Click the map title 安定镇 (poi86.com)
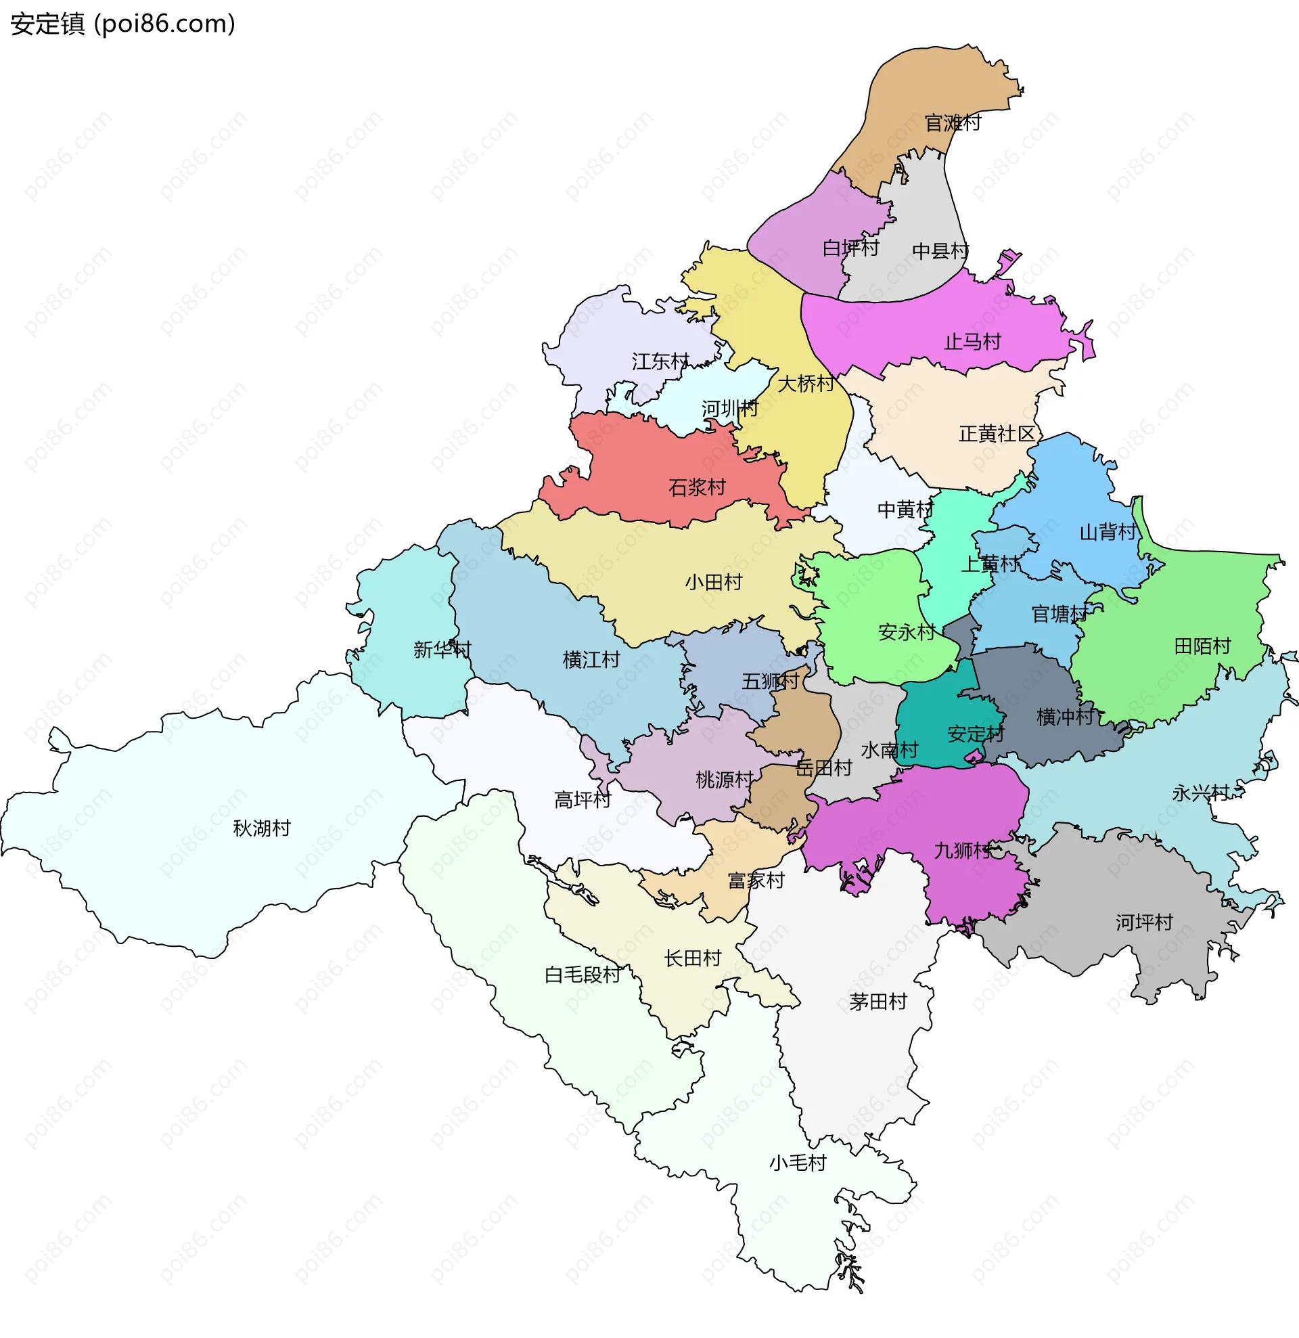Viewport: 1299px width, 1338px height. (x=123, y=24)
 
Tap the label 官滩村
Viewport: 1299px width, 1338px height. (x=952, y=123)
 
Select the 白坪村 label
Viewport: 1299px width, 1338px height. (x=850, y=248)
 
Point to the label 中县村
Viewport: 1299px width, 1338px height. (x=940, y=251)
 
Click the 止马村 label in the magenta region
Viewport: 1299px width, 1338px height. (x=972, y=341)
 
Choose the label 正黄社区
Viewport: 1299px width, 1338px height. (x=997, y=434)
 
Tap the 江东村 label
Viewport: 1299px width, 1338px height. (x=660, y=361)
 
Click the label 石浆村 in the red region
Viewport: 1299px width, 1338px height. (x=696, y=487)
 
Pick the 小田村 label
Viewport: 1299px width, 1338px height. (x=713, y=582)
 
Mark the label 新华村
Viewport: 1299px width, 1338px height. (x=442, y=649)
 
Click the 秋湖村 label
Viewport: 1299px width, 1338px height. (x=261, y=828)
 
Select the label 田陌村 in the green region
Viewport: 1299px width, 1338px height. (x=1202, y=646)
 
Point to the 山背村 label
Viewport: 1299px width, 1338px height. (x=1108, y=532)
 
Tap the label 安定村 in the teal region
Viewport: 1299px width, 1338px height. (x=976, y=734)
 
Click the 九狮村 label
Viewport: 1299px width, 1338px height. (x=963, y=851)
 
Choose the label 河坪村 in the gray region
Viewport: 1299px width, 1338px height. (x=1144, y=922)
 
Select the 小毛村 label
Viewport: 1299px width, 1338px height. (x=797, y=1163)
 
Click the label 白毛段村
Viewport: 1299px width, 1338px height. (x=583, y=975)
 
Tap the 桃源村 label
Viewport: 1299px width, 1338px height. (x=723, y=779)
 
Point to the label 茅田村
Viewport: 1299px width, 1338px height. (x=878, y=1002)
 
